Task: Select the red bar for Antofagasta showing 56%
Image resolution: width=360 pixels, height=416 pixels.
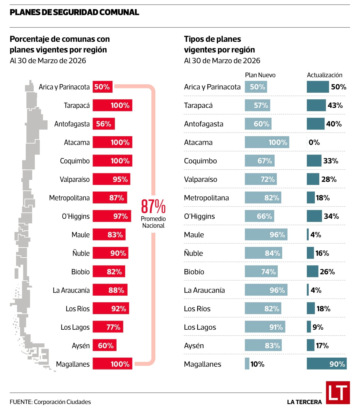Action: pos(104,123)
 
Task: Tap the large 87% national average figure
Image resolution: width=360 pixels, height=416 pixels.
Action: pos(153,206)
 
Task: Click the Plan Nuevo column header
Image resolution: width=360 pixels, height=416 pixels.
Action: pos(260,75)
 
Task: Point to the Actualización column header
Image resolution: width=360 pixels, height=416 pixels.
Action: pos(324,75)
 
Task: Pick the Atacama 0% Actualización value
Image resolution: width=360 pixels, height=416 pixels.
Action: pos(314,143)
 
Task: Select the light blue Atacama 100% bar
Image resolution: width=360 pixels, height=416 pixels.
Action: pos(267,142)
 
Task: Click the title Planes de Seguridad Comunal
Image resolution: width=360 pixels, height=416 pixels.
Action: pos(74,12)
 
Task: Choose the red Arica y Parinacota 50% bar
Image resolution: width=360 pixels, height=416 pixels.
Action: pos(102,87)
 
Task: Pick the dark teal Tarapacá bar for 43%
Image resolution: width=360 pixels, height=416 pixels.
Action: pos(316,105)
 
